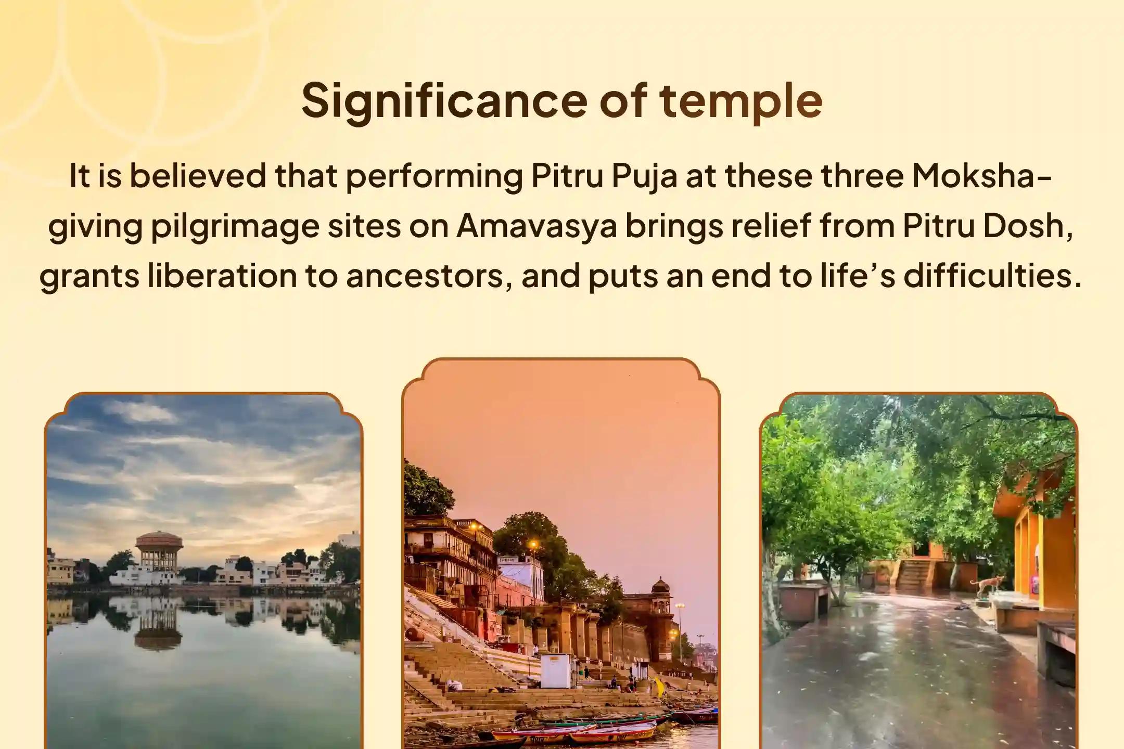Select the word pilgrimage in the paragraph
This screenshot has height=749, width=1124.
(235, 227)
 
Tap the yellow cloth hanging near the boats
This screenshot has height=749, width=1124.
(659, 687)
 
